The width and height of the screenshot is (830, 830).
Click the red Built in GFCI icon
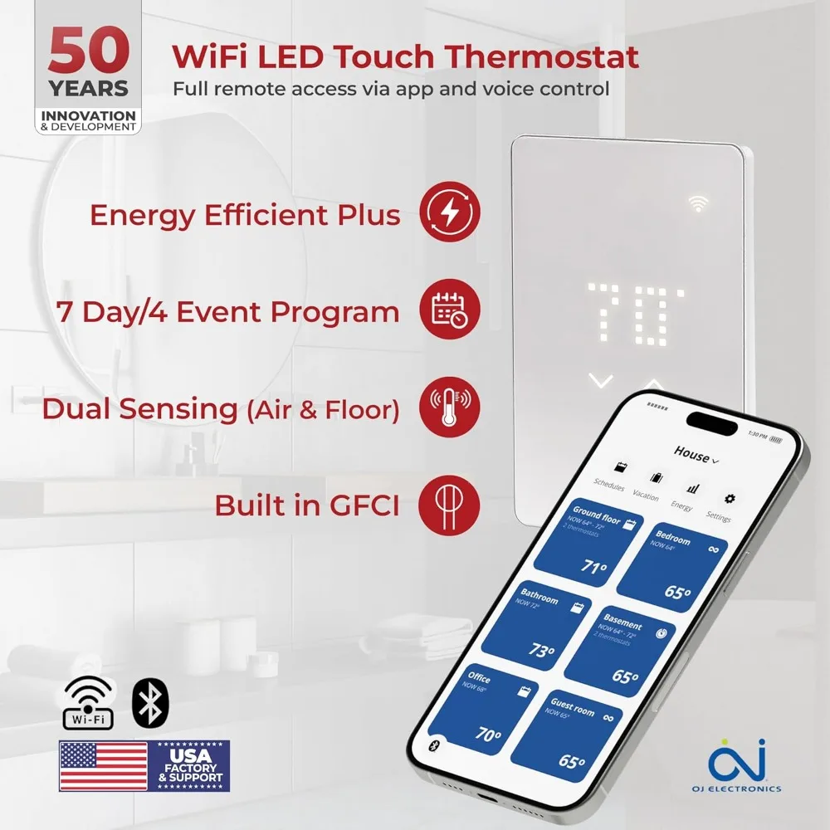(x=449, y=505)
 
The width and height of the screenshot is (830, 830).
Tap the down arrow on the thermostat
(x=600, y=382)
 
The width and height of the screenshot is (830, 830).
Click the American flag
(x=103, y=765)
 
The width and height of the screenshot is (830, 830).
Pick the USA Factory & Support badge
(x=190, y=765)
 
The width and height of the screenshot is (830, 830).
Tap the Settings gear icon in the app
(x=730, y=499)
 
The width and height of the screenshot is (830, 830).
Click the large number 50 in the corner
(x=88, y=51)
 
